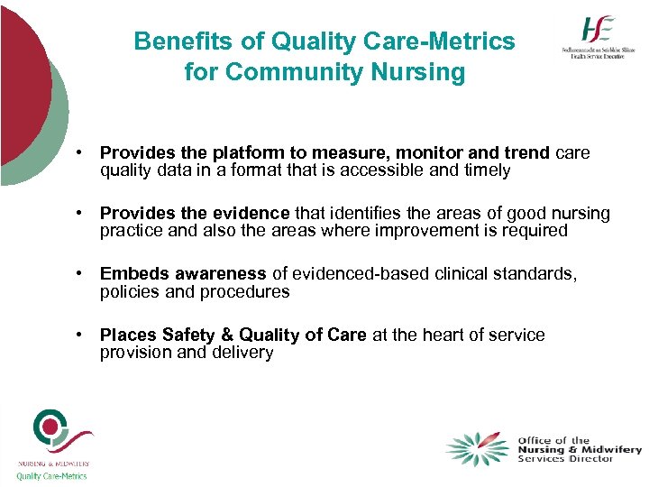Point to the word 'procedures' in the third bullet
(x=247, y=291)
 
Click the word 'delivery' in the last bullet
(x=242, y=352)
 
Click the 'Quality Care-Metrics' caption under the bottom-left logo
(x=51, y=476)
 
